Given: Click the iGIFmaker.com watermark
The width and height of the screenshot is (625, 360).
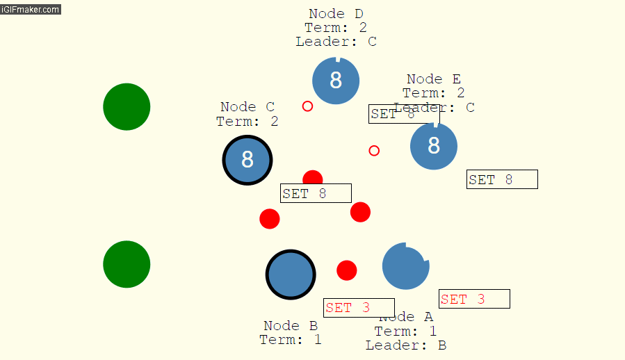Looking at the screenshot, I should [x=31, y=10].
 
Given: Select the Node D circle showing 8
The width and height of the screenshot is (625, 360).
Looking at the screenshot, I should [x=336, y=81].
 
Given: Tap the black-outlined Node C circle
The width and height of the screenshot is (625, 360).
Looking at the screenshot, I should [x=247, y=160].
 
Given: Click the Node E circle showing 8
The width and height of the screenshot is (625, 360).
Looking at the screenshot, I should [x=434, y=146].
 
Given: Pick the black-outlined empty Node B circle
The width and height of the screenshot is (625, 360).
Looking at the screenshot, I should [x=291, y=275].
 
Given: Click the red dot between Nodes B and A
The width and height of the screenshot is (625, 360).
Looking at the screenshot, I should [x=347, y=270].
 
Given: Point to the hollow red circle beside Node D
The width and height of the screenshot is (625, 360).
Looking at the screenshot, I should [x=307, y=106].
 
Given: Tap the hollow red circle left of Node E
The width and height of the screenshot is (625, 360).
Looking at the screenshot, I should [x=374, y=151].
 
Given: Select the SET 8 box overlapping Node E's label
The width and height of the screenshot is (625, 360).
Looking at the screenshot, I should [x=403, y=114].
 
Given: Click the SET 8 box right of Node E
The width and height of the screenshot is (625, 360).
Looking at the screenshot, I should [x=502, y=179].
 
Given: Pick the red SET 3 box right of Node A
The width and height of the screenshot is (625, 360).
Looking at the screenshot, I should [x=474, y=299].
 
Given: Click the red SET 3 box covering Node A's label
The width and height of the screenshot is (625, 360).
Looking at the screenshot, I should [x=359, y=308].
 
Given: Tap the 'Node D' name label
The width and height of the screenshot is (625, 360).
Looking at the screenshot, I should [x=336, y=14].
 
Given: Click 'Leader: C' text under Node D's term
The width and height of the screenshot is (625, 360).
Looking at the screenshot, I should [x=336, y=42].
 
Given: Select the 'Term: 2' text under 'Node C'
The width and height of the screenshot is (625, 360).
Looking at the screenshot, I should [x=247, y=122].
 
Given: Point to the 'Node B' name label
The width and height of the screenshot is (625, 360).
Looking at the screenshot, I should [x=291, y=325].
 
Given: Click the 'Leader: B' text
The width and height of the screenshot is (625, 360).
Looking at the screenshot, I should [x=406, y=345].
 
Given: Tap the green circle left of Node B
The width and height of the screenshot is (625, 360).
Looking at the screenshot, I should [x=127, y=264].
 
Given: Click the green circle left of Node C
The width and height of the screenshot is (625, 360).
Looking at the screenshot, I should [x=127, y=107].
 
